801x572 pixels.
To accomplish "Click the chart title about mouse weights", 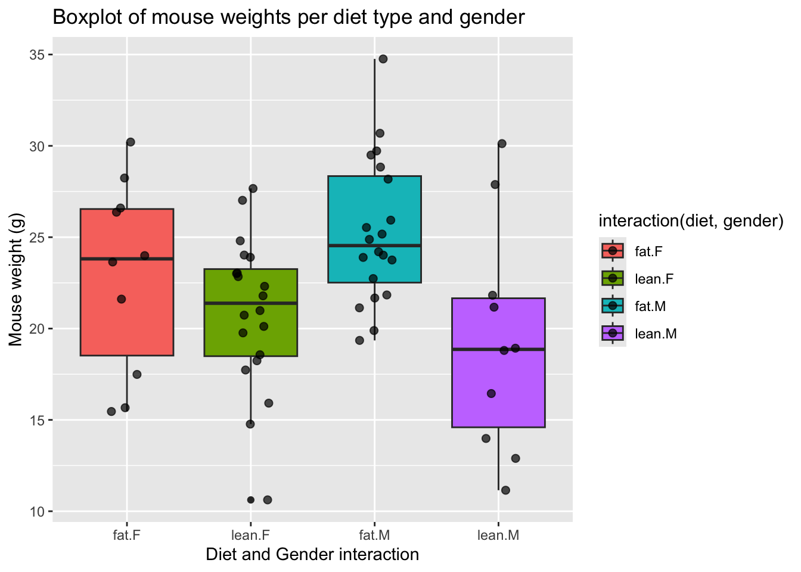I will click(288, 17).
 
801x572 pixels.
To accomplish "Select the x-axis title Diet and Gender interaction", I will click(312, 555).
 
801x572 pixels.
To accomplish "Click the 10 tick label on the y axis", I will click(38, 511).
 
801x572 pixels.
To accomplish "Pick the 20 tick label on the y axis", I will click(38, 329).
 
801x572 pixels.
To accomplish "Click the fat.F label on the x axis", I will click(127, 535).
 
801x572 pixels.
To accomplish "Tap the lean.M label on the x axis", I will click(498, 535).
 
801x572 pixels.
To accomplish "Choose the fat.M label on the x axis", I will click(374, 535).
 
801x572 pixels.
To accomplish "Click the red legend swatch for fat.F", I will click(613, 251).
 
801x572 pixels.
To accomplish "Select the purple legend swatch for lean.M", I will click(613, 333).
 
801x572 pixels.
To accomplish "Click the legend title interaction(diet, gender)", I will click(690, 222).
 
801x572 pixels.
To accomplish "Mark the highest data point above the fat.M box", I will click(383, 59).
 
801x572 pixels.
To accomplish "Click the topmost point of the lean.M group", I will click(502, 144).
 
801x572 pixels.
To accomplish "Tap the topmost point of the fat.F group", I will click(131, 142).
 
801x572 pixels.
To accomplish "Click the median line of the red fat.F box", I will click(127, 259).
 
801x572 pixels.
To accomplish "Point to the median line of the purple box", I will click(498, 349).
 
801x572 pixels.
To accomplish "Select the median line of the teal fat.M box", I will click(374, 245).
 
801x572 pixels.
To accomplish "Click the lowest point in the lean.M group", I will click(505, 490).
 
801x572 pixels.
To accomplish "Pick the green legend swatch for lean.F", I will click(613, 278).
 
